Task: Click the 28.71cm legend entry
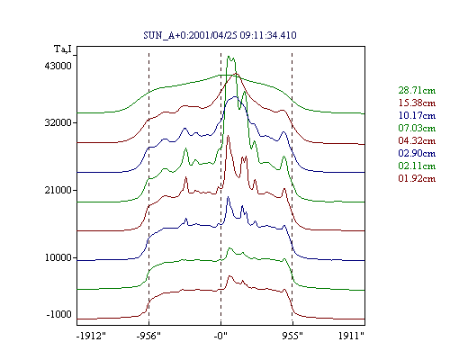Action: [x=417, y=90]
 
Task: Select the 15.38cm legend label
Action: [x=417, y=103]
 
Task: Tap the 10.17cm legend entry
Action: [x=417, y=115]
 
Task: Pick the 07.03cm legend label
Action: [x=417, y=128]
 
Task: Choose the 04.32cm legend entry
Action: [x=417, y=140]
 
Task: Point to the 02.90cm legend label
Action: [x=417, y=153]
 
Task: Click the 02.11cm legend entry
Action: [x=417, y=166]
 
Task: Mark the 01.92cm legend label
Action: [x=417, y=178]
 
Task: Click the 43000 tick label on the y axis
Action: [x=58, y=66]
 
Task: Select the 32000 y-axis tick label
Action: [x=58, y=122]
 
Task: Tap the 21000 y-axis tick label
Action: [x=58, y=190]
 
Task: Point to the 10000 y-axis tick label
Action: [x=58, y=257]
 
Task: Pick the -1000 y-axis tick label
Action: [x=59, y=314]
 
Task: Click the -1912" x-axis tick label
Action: [x=92, y=336]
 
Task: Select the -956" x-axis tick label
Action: [x=148, y=336]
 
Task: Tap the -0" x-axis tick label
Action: [x=220, y=336]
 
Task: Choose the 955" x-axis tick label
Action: [x=292, y=336]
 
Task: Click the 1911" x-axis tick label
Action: [x=351, y=336]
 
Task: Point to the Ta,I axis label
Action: [x=63, y=49]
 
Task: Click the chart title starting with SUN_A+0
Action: [x=220, y=35]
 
